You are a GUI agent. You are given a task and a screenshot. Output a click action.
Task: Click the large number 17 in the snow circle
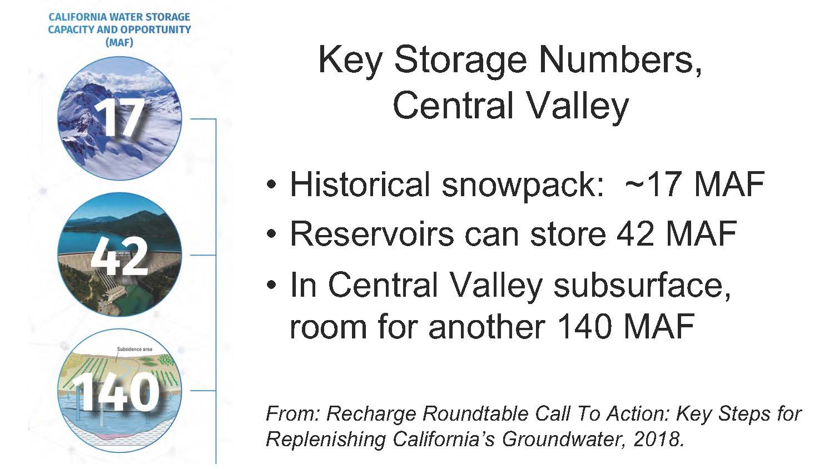119,118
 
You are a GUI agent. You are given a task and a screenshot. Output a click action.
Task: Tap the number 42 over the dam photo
120,256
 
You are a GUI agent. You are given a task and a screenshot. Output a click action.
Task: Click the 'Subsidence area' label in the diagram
135,349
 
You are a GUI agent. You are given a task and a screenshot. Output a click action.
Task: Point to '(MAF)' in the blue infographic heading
119,42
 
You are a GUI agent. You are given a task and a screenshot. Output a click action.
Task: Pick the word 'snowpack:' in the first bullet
523,187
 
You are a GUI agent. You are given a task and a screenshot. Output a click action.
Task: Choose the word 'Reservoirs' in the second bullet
371,234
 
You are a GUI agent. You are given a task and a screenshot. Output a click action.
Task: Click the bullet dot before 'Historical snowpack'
272,184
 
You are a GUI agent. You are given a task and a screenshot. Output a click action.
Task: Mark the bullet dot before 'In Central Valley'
272,285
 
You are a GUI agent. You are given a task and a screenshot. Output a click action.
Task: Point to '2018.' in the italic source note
659,440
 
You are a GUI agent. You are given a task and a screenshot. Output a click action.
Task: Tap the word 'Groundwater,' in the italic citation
564,440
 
